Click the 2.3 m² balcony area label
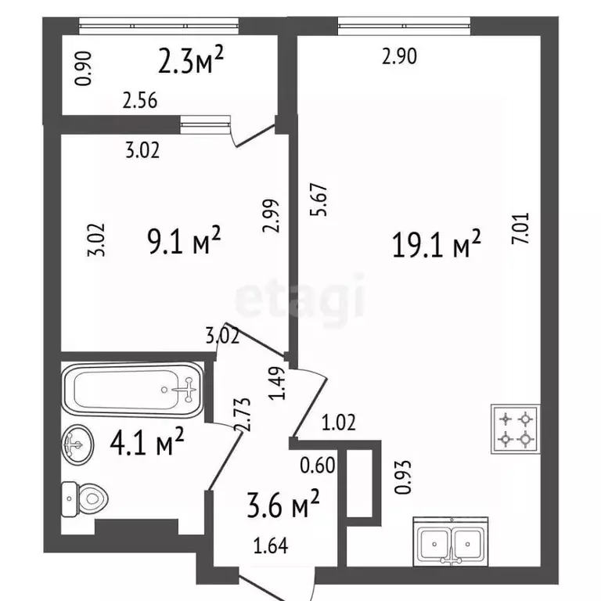tap(190, 59)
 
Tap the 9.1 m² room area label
tap(184, 240)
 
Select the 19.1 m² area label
tap(436, 244)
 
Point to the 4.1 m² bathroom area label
tap(147, 441)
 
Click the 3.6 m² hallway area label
tap(283, 503)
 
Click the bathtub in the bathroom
tap(133, 390)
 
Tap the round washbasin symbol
tap(77, 445)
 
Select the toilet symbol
tap(85, 499)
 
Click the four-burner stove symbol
tap(516, 429)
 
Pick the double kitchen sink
tap(451, 542)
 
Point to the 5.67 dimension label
tap(319, 200)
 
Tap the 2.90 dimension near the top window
tap(399, 56)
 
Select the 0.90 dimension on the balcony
tap(83, 69)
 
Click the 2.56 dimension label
tap(140, 101)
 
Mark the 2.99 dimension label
tap(272, 216)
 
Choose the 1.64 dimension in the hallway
tap(271, 545)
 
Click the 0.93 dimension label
tap(403, 477)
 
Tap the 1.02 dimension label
tap(338, 422)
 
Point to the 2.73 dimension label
tap(243, 415)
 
